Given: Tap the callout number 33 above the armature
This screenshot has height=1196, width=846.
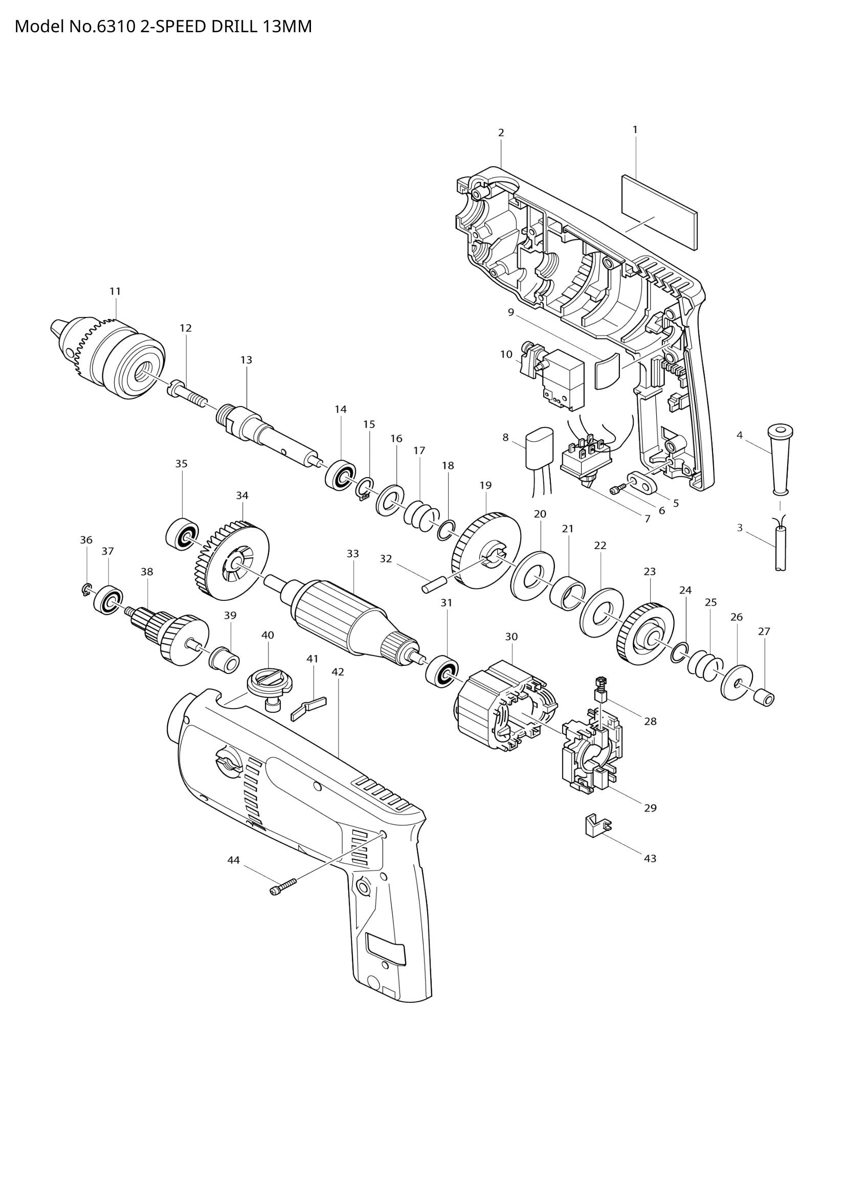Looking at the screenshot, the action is (x=353, y=554).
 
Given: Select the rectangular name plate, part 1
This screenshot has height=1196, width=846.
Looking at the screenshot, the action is (x=659, y=212).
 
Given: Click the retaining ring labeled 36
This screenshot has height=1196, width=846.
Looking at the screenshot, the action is (x=86, y=589).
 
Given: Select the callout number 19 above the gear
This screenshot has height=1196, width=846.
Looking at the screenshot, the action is (x=485, y=485).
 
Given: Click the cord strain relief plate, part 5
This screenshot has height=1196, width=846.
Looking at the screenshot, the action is (x=640, y=481).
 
